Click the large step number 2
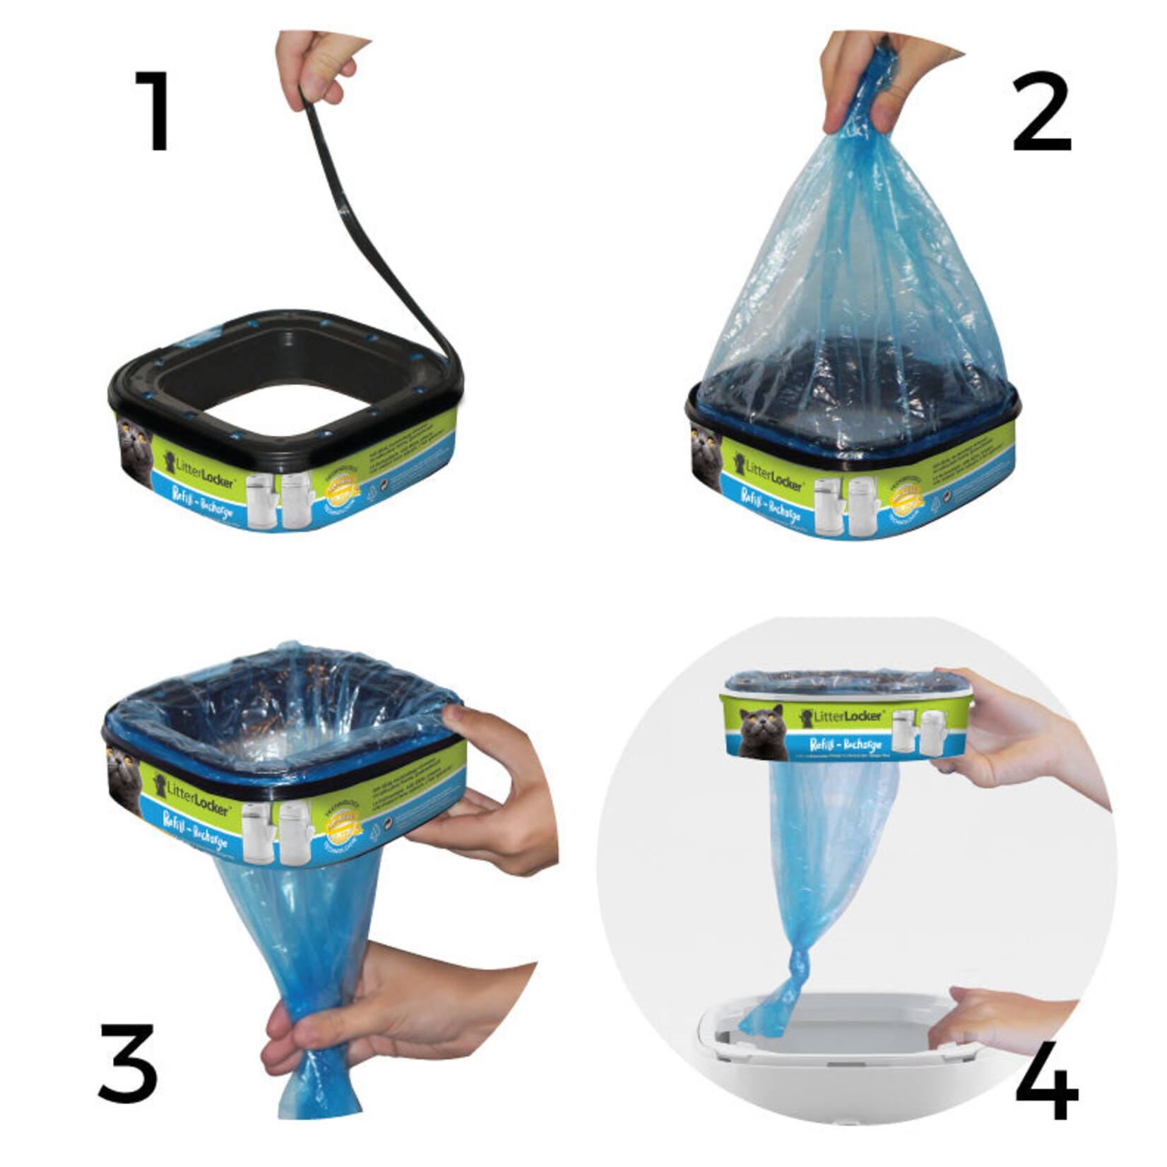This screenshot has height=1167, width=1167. [x=1041, y=113]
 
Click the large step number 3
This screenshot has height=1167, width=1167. [x=127, y=1062]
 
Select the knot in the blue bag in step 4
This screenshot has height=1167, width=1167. [x=798, y=964]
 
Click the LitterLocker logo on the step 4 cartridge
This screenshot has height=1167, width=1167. [x=841, y=717]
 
